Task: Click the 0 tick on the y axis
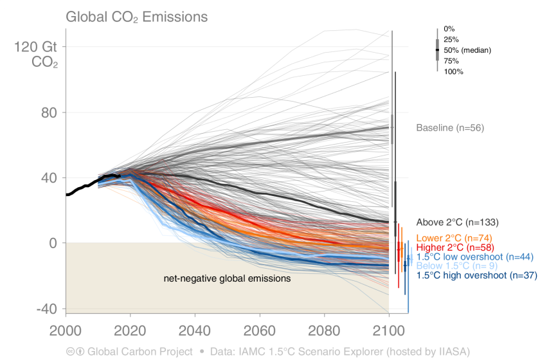click(x=53, y=243)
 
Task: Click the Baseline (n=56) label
click(x=450, y=128)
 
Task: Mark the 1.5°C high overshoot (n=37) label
click(x=476, y=276)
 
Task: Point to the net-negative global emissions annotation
click(x=226, y=279)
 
